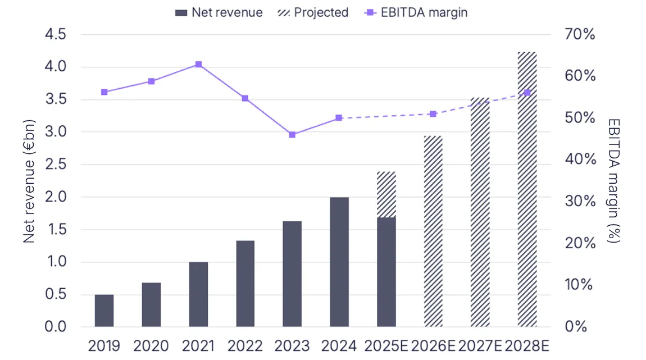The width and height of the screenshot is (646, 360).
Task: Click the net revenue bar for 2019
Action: point(104,311)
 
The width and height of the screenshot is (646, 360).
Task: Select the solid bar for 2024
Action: point(339,262)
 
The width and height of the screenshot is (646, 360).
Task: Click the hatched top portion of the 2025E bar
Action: point(386,194)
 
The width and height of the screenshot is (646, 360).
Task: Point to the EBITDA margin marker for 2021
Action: point(198,65)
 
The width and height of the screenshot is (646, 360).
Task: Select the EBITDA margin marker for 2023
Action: point(292,135)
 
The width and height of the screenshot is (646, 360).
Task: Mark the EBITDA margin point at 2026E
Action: point(433,114)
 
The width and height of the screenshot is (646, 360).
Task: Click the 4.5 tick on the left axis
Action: point(55,35)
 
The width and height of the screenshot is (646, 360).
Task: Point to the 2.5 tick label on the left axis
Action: point(55,165)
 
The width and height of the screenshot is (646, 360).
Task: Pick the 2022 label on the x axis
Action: point(245,345)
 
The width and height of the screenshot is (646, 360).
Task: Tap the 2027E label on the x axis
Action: point(481,345)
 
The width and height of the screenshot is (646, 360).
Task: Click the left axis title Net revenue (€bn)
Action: point(30,181)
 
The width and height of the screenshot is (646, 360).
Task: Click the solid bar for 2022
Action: point(245,284)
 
